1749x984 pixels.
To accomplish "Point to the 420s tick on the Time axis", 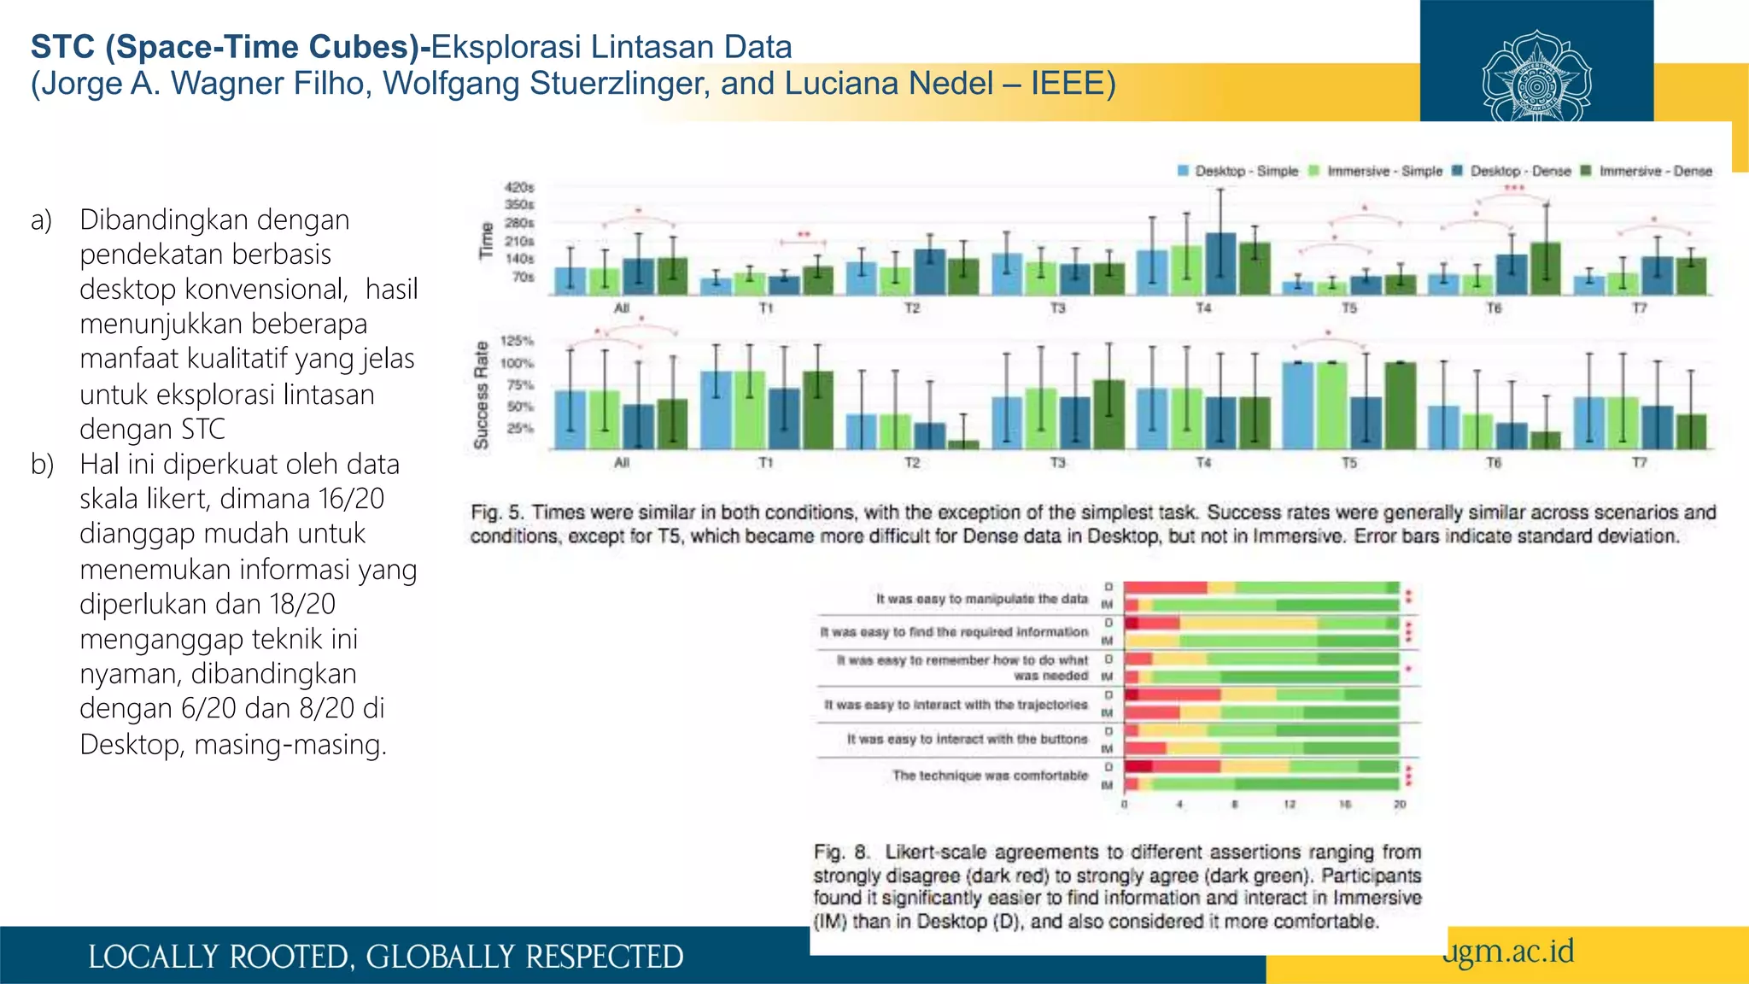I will pyautogui.click(x=518, y=187).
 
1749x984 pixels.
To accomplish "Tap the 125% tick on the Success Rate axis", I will pyautogui.click(x=517, y=341).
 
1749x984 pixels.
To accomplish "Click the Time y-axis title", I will pyautogui.click(x=487, y=241).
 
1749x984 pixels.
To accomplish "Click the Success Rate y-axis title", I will pyautogui.click(x=482, y=395).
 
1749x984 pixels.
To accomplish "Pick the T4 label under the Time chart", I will pyautogui.click(x=1202, y=307).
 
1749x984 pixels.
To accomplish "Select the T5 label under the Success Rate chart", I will pyautogui.click(x=1348, y=462).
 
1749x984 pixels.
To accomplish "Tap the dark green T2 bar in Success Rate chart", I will pyautogui.click(x=963, y=444).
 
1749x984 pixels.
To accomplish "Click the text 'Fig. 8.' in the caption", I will pyautogui.click(x=840, y=852).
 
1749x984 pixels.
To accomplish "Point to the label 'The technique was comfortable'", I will pyautogui.click(x=990, y=776).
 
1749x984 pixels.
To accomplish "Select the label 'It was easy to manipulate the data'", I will pyautogui.click(x=981, y=599).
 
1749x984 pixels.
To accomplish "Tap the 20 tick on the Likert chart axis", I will pyautogui.click(x=1399, y=805).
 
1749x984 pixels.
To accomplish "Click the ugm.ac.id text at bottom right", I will pyautogui.click(x=1508, y=951).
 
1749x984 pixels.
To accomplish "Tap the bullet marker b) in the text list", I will pyautogui.click(x=42, y=464).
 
